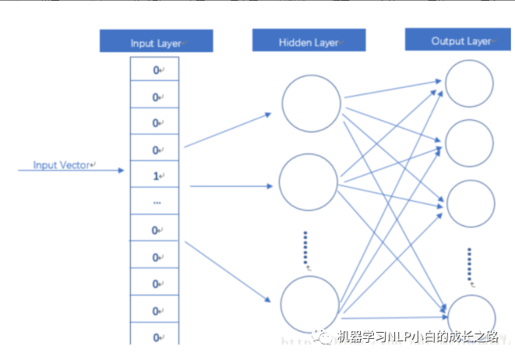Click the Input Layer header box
[156, 41]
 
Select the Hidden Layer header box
[309, 41]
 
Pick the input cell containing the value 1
[156, 176]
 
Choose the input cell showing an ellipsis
[156, 203]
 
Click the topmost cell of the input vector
[156, 70]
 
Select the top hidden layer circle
[312, 103]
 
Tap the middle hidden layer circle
[309, 184]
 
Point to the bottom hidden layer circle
[310, 305]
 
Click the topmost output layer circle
[469, 83]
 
